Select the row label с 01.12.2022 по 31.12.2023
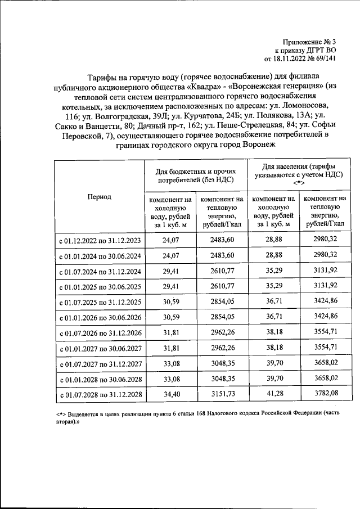point(99,240)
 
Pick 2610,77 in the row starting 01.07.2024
point(222,271)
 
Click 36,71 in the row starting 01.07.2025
point(273,302)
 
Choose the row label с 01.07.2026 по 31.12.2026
point(99,334)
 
